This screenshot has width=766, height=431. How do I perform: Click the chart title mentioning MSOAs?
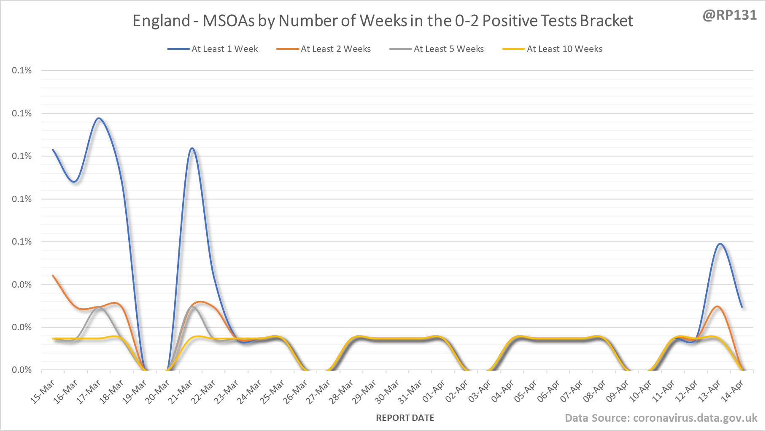click(383, 21)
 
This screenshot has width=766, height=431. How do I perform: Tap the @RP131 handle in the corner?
click(729, 15)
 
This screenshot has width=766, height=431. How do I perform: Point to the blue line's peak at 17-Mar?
click(99, 118)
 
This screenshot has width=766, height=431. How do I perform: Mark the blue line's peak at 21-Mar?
click(192, 148)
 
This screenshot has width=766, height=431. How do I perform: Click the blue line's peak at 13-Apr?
click(720, 244)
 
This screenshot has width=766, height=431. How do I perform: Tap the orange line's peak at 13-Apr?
click(718, 307)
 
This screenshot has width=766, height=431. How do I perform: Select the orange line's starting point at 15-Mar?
click(53, 275)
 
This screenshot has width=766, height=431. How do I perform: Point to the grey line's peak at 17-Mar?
click(99, 308)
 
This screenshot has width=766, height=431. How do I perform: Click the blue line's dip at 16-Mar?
click(75, 182)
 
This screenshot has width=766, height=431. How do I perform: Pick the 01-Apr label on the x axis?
click(434, 391)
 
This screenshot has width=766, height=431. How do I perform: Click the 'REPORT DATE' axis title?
click(405, 418)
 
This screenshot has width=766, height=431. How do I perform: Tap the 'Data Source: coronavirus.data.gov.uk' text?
click(661, 418)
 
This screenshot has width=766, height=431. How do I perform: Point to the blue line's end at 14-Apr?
click(742, 307)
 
